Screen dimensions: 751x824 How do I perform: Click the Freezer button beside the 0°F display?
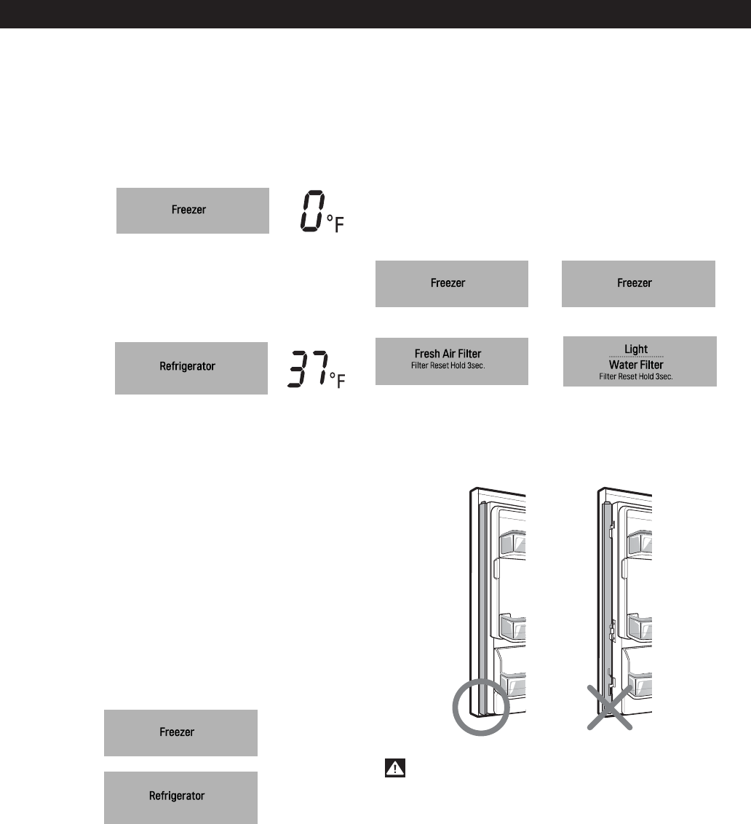[193, 210]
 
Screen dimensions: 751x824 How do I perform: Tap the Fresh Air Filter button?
[451, 360]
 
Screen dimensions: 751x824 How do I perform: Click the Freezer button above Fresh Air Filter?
[451, 283]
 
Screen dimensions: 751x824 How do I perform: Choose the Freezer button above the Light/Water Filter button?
[638, 283]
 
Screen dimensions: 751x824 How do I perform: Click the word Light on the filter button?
[635, 349]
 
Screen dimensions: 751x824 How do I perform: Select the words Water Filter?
[637, 364]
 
